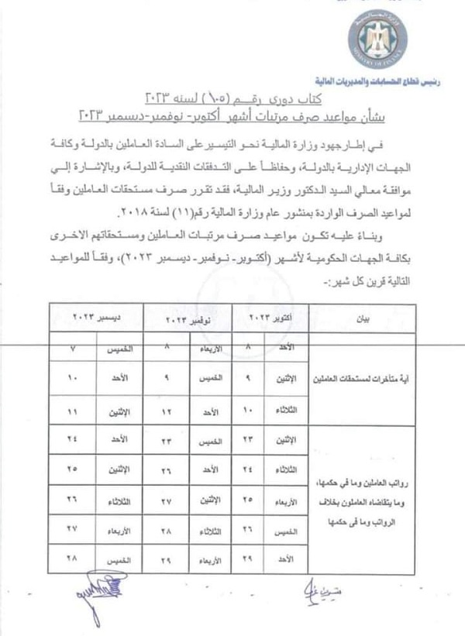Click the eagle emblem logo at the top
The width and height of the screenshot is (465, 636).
393,40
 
